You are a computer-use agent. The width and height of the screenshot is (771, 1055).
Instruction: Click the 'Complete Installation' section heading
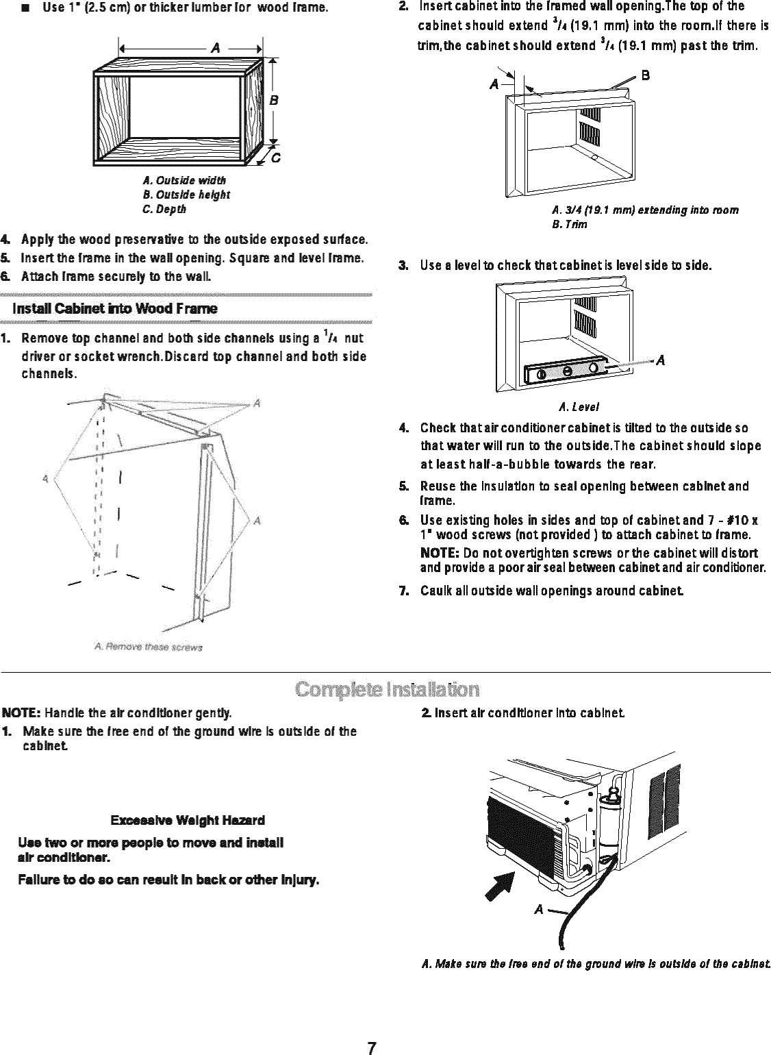[x=385, y=688]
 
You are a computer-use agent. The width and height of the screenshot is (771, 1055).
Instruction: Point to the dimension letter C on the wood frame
[x=275, y=159]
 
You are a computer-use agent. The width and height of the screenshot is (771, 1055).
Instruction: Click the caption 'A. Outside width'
[x=184, y=181]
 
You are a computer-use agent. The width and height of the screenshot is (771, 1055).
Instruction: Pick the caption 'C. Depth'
[x=164, y=208]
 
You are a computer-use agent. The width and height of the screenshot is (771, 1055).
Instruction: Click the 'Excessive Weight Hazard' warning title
[x=188, y=820]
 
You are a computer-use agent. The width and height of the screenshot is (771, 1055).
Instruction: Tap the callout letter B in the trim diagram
[x=644, y=76]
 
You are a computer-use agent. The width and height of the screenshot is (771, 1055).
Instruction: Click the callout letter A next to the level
[x=661, y=361]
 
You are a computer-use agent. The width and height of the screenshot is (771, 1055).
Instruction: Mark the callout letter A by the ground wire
[x=539, y=909]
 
